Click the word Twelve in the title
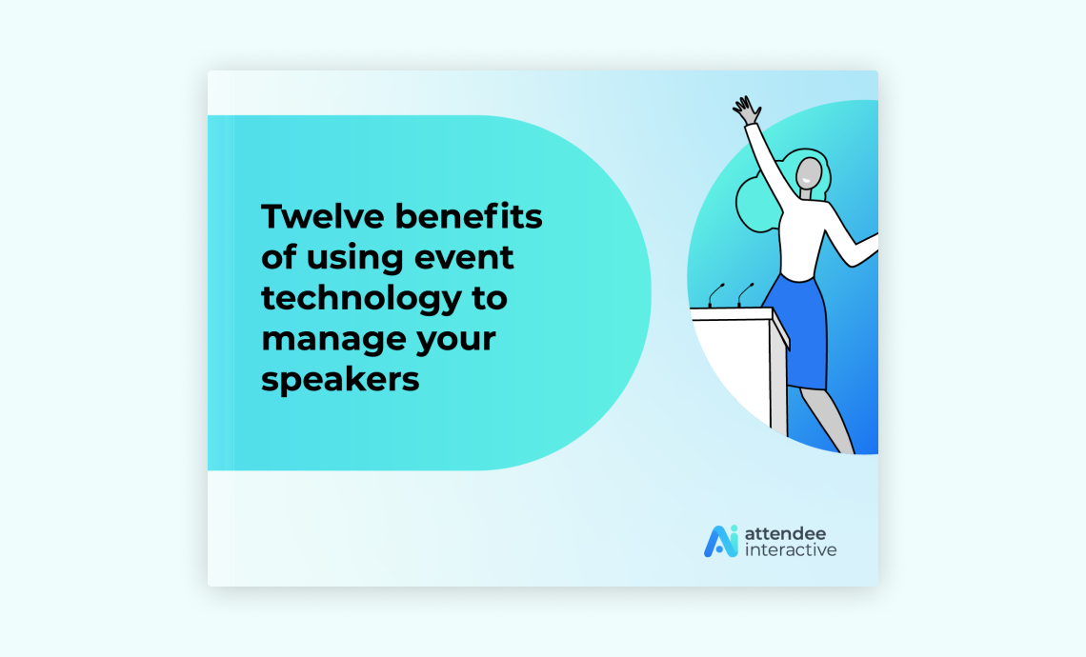pyautogui.click(x=322, y=216)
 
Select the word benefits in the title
pyautogui.click(x=469, y=216)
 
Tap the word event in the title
pyautogui.click(x=464, y=257)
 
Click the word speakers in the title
pyautogui.click(x=340, y=379)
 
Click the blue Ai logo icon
pyautogui.click(x=721, y=541)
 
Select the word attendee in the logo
pyautogui.click(x=785, y=534)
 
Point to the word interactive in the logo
pyautogui.click(x=791, y=549)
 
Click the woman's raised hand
pyautogui.click(x=747, y=110)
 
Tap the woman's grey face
pyautogui.click(x=808, y=173)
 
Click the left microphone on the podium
pyautogui.click(x=715, y=295)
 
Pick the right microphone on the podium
pyautogui.click(x=745, y=295)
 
